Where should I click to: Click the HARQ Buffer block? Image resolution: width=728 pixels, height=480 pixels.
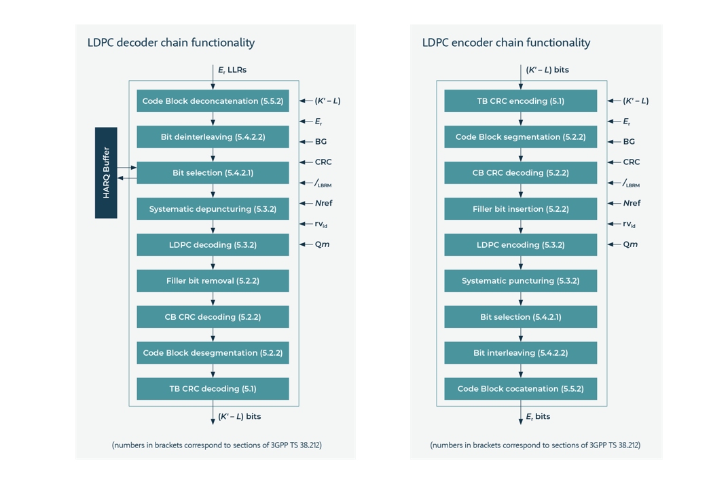pos(106,172)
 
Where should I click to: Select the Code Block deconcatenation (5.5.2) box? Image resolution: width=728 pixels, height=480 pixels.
pos(213,101)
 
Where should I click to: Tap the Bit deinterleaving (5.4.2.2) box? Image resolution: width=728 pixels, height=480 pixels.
pos(213,137)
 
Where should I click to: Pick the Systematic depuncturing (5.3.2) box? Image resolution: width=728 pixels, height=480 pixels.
pos(213,209)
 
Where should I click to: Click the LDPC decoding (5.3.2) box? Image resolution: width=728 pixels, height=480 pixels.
pos(213,245)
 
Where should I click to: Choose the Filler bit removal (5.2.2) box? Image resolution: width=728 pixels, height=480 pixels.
pos(213,281)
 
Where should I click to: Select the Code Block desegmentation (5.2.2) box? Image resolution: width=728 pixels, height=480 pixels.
pos(213,353)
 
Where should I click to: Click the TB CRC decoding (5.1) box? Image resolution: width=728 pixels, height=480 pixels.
pos(213,389)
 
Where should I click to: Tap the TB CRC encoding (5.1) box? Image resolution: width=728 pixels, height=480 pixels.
pos(520,101)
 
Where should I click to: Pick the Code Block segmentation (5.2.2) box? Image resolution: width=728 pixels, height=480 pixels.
pos(520,137)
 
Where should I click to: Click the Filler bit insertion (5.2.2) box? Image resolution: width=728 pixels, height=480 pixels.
pos(520,209)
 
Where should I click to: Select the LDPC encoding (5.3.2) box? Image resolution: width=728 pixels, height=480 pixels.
pos(520,245)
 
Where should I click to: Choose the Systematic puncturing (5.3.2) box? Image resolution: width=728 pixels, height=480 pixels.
pos(520,281)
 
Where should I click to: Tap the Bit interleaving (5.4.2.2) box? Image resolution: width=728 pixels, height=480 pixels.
pos(520,353)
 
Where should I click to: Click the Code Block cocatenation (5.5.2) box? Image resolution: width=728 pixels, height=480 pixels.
pos(520,389)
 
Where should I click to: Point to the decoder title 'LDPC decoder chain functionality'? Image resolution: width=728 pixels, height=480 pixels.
pos(170,43)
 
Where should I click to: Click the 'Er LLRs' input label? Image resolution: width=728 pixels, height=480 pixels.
pos(232,70)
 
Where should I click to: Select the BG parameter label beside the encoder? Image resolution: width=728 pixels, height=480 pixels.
pos(629,142)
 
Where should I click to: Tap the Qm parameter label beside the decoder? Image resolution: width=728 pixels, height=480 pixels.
pos(322,244)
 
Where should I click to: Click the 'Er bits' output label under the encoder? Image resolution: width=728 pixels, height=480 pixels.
pos(538,417)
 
